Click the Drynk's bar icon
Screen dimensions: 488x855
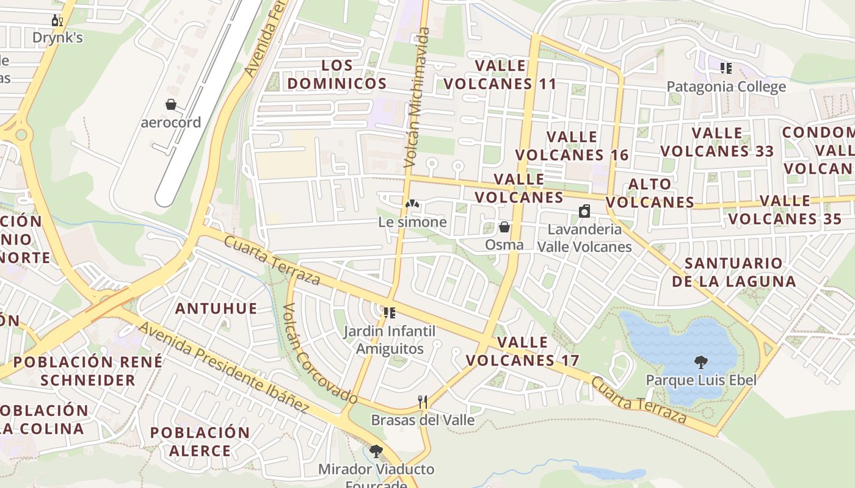tap(57, 21)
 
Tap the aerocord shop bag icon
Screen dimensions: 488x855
tap(171, 105)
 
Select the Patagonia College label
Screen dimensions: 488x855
tap(726, 87)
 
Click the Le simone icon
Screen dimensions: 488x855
tap(412, 204)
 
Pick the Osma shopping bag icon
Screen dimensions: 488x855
tap(504, 228)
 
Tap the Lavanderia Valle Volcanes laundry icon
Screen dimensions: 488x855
tap(584, 212)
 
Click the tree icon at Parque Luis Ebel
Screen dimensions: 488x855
tap(701, 362)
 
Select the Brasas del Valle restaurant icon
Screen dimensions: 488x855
tap(422, 401)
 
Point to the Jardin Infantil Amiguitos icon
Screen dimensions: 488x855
tap(389, 314)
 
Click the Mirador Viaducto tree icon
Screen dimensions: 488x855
tap(376, 451)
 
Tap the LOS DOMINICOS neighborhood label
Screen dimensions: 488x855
tap(337, 74)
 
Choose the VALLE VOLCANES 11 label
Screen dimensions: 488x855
tap(500, 74)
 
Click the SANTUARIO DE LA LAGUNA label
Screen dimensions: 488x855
tap(734, 272)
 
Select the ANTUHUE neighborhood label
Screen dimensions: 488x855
tap(216, 309)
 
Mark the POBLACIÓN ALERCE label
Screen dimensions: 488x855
tap(200, 442)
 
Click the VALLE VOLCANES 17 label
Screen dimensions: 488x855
tap(522, 351)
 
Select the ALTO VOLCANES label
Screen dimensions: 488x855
tap(650, 193)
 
